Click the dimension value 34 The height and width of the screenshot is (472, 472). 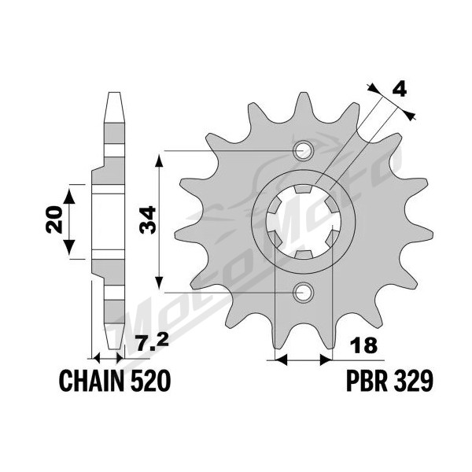(x=147, y=219)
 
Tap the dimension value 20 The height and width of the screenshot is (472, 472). (x=54, y=219)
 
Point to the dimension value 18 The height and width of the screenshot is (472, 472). (x=364, y=345)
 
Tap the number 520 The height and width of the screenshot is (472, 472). (x=150, y=381)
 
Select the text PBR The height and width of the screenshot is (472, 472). (x=367, y=381)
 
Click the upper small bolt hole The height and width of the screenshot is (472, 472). (x=303, y=150)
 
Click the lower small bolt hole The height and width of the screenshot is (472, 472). (x=303, y=293)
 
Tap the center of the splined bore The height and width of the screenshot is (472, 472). (x=303, y=222)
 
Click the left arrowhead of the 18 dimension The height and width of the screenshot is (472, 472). (x=281, y=360)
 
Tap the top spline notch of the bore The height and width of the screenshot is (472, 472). (x=303, y=189)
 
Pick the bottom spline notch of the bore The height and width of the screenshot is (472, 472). (x=303, y=254)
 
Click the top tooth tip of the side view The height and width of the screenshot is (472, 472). (x=114, y=93)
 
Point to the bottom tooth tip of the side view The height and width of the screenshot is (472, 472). (x=114, y=348)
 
